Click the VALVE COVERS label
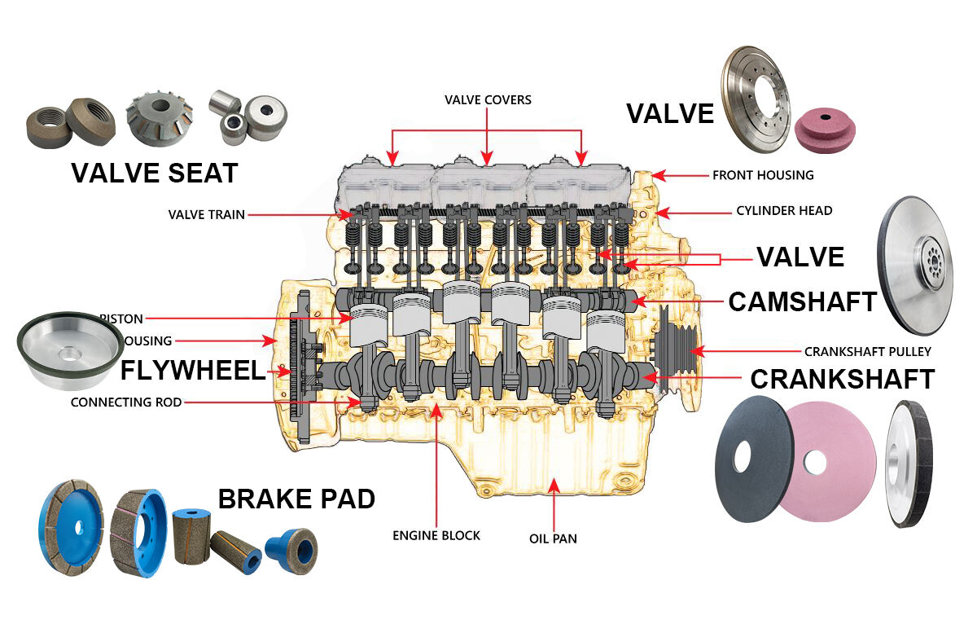pyautogui.click(x=488, y=100)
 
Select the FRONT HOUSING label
pyautogui.click(x=762, y=175)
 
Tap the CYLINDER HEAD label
pyautogui.click(x=784, y=210)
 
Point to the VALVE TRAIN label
pyautogui.click(x=206, y=215)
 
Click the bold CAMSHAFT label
pyautogui.click(x=802, y=301)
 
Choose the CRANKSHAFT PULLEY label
pyautogui.click(x=867, y=352)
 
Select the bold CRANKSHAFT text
pyautogui.click(x=841, y=379)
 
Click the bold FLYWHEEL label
pyautogui.click(x=193, y=371)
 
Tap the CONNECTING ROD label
pyautogui.click(x=126, y=402)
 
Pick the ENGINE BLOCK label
pyautogui.click(x=436, y=535)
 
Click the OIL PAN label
pyautogui.click(x=554, y=538)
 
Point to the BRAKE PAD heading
pyautogui.click(x=296, y=499)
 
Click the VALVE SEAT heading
pyautogui.click(x=154, y=173)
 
